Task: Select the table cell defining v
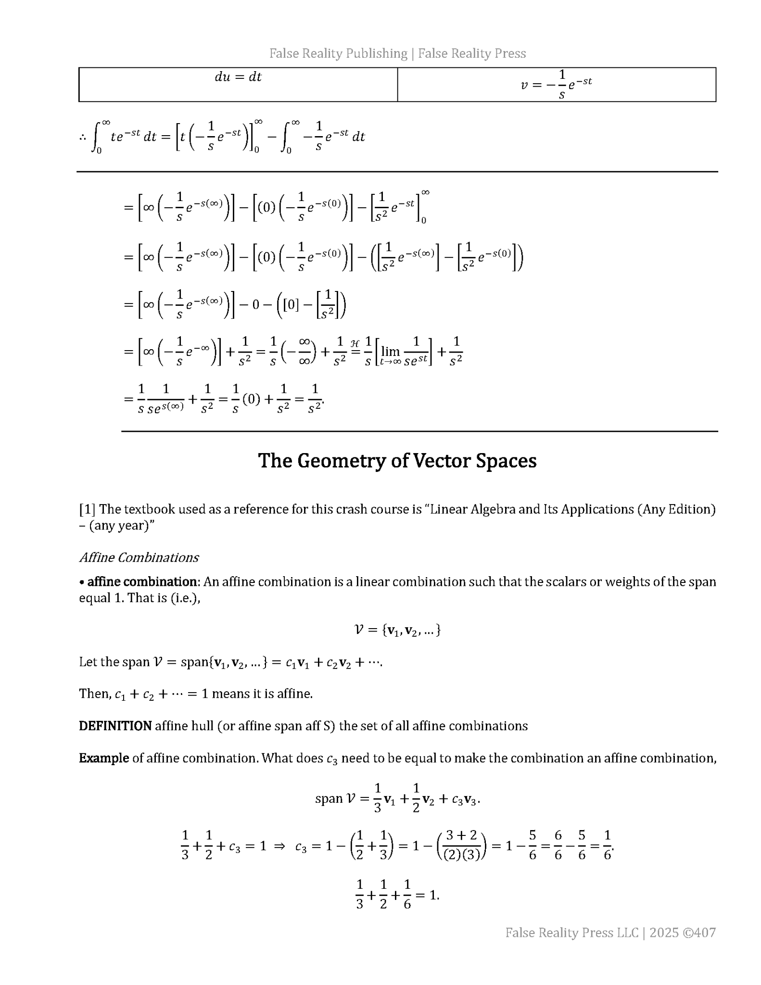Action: click(556, 85)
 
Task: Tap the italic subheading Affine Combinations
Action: click(139, 557)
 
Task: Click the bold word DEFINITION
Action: click(115, 726)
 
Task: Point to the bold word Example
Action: click(103, 758)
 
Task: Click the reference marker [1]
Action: click(87, 509)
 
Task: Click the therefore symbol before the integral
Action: click(82, 137)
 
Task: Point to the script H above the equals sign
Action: click(355, 343)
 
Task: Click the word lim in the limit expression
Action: click(390, 352)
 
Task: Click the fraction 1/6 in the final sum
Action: click(407, 895)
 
